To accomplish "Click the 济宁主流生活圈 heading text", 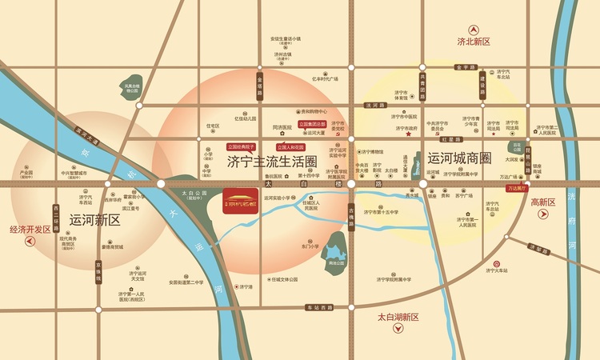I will [272, 162].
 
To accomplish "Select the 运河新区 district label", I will [94, 219].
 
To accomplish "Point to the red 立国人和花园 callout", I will [291, 147].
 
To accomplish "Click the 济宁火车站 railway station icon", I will [498, 263].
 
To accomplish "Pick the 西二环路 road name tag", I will [56, 216].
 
